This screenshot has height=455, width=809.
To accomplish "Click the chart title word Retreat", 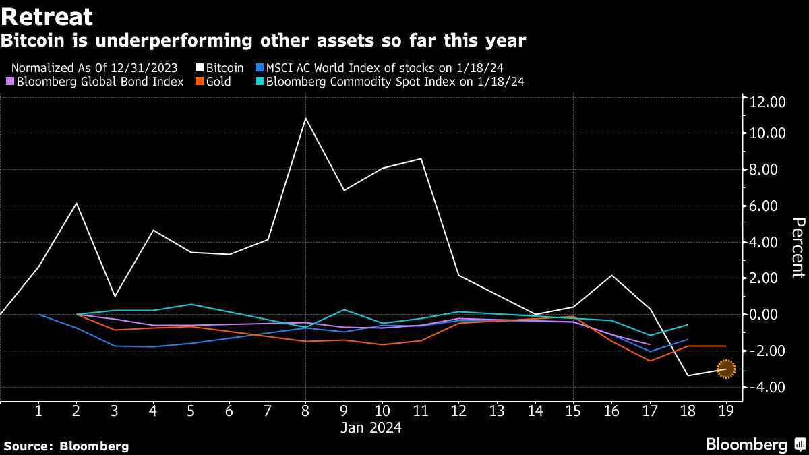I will (47, 16).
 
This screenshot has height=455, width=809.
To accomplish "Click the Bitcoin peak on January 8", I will (306, 119).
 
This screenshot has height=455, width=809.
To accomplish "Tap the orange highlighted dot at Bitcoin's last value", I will (725, 369).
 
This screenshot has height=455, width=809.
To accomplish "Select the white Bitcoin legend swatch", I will (200, 68).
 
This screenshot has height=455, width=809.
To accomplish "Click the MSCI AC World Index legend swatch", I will (260, 68).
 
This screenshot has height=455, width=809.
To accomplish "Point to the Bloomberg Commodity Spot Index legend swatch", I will (260, 82).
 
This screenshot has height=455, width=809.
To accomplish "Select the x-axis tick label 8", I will (306, 410).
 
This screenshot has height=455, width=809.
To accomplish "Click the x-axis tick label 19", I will (725, 410).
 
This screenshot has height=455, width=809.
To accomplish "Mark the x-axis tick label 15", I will (573, 410).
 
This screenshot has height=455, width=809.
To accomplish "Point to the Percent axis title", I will (798, 257).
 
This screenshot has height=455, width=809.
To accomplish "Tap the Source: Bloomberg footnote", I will (66, 446).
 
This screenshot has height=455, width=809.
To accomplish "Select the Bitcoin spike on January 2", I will (76, 203).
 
